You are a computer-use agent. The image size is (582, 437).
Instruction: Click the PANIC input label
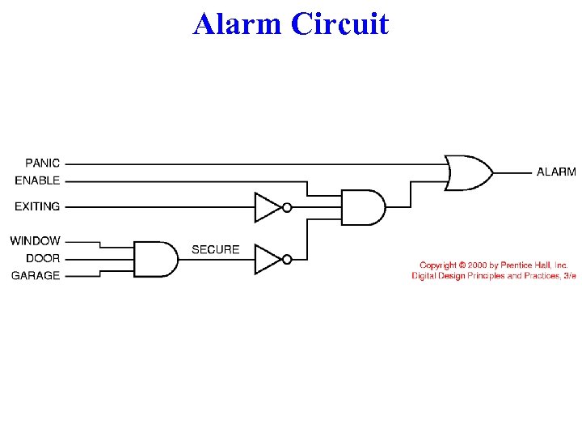tap(42, 163)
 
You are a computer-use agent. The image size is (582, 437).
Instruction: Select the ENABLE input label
tap(37, 180)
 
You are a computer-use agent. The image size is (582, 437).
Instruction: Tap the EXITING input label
tap(37, 206)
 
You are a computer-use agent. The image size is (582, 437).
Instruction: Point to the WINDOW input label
tap(36, 240)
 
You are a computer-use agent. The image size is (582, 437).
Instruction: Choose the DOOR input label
tap(43, 258)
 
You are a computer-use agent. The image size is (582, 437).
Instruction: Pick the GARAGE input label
tap(36, 275)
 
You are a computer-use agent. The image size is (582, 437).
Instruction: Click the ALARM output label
tap(556, 172)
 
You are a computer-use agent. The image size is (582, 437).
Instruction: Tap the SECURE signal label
tap(215, 249)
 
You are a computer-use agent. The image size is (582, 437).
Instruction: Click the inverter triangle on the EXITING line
tap(267, 207)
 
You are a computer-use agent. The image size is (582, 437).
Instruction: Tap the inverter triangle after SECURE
tap(267, 259)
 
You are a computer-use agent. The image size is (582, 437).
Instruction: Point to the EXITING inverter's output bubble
tap(287, 207)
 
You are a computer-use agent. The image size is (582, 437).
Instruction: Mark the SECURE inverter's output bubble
tap(287, 259)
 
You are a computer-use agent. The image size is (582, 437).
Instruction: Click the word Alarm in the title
tap(238, 24)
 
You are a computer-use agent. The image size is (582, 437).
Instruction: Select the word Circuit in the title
tap(339, 24)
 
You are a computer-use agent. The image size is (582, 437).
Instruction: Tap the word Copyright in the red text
tap(437, 265)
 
